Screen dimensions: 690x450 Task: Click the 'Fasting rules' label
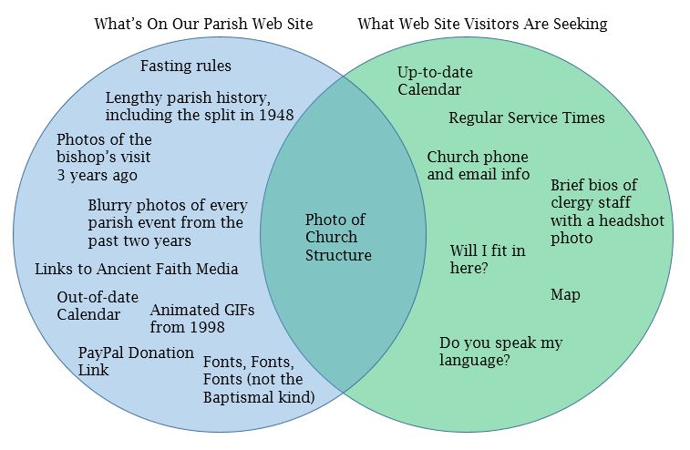tap(185, 66)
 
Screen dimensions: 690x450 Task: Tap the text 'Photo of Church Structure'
tap(338, 237)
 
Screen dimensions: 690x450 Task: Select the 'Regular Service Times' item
tap(526, 118)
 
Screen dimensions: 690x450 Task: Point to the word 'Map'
tap(565, 294)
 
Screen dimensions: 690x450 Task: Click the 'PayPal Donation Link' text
tap(136, 361)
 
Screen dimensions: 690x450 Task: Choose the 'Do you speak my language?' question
tap(500, 351)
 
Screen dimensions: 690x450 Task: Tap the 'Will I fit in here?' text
tap(487, 259)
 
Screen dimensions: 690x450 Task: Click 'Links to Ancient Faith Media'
tap(137, 269)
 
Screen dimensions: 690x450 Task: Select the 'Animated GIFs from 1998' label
tap(201, 318)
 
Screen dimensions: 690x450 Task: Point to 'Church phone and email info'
tap(478, 165)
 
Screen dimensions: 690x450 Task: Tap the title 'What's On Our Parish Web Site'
tap(203, 24)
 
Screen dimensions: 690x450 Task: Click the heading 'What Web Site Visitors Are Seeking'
tap(482, 24)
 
